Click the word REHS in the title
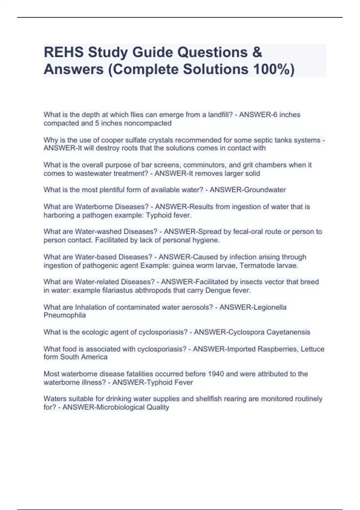point(64,52)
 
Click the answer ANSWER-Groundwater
point(247,190)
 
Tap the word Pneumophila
point(64,315)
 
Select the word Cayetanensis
point(288,332)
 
